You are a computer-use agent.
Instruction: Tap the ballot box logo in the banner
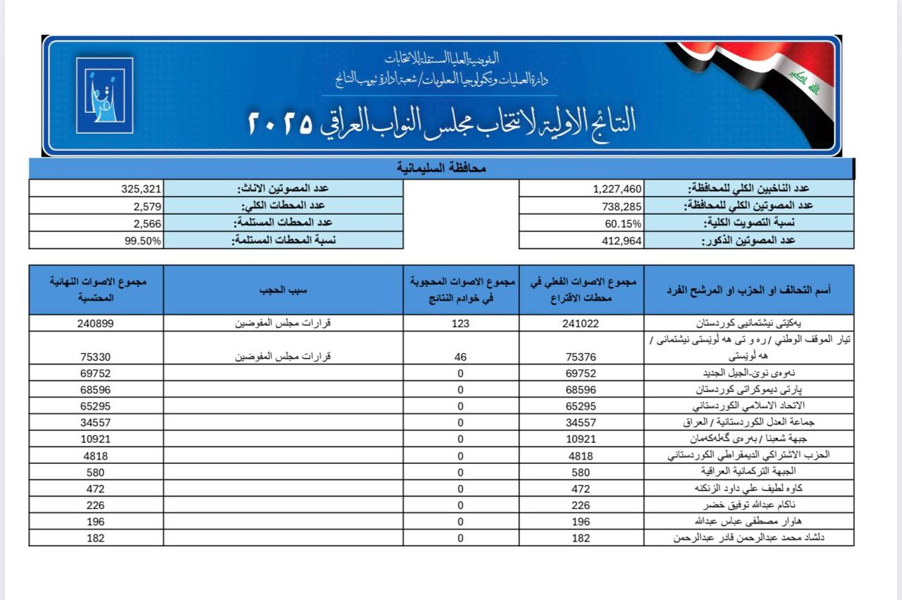[x=104, y=95]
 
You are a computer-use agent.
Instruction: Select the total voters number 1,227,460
[x=617, y=189]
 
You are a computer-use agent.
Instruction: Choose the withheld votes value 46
[x=460, y=357]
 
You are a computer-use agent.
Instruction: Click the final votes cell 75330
[x=96, y=357]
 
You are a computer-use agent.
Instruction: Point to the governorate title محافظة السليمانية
[x=441, y=169]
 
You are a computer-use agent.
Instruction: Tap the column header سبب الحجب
[x=283, y=289]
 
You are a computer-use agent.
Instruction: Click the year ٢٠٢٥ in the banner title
[x=280, y=123]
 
